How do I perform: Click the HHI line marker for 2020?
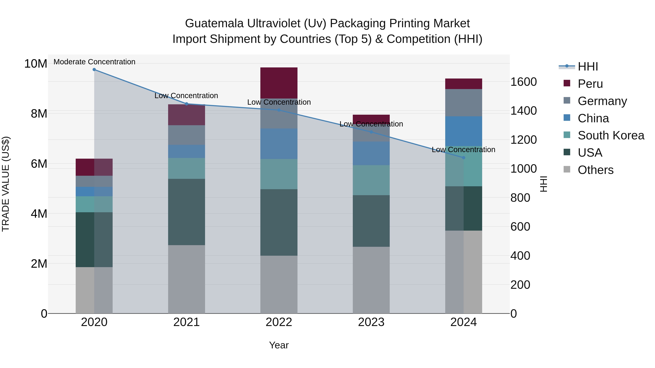point(94,70)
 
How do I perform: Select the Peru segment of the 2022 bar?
point(279,83)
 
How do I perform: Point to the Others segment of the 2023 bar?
point(371,280)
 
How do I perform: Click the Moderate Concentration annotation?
point(94,62)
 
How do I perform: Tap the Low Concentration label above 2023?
point(371,124)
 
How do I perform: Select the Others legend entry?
point(595,170)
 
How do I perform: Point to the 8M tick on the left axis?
point(39,114)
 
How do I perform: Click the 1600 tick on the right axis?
point(523,82)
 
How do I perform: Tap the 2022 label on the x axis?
point(279,322)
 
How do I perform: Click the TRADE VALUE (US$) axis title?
point(6,184)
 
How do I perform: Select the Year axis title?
point(279,345)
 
